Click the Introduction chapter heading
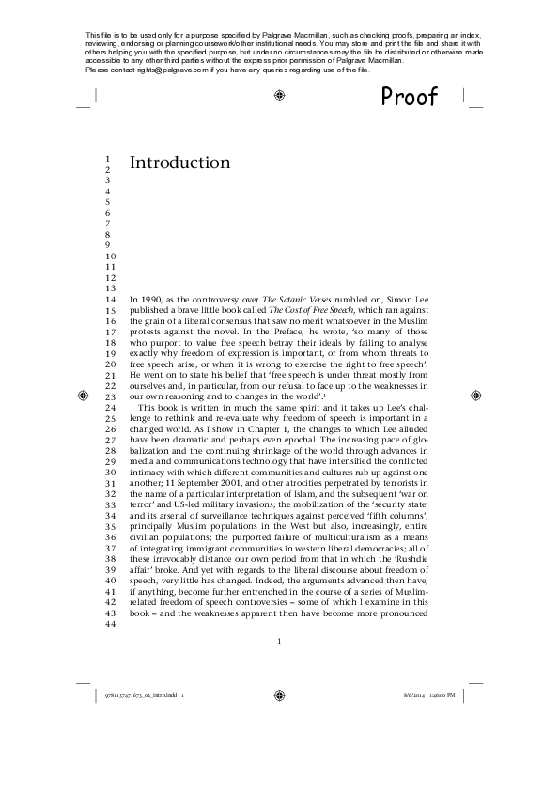click(x=179, y=163)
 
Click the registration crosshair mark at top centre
click(x=279, y=95)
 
